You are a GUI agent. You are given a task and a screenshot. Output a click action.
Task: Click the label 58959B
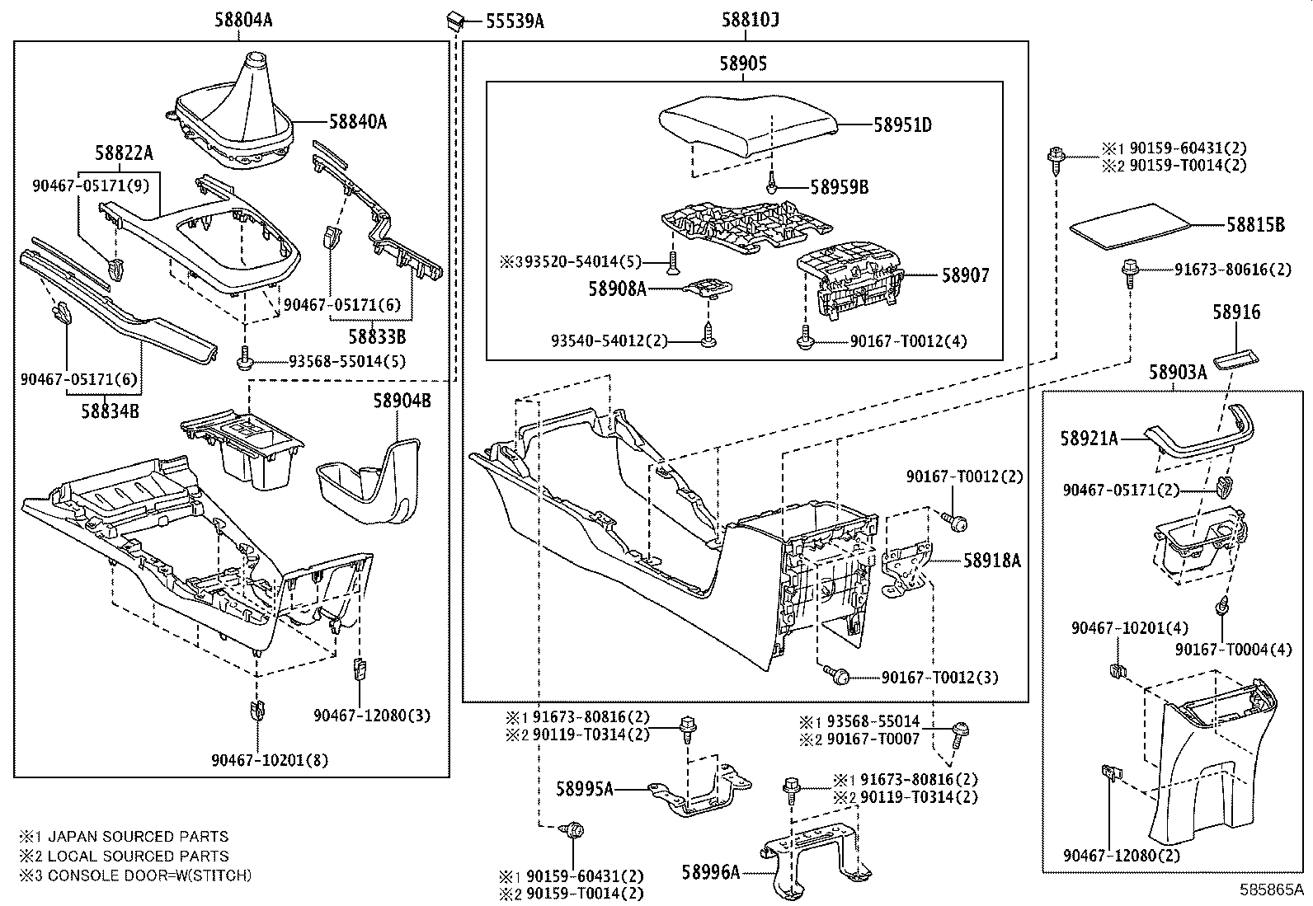point(839,187)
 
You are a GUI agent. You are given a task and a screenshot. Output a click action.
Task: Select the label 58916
point(1236,312)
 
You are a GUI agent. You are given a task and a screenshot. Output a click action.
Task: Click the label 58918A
point(992,561)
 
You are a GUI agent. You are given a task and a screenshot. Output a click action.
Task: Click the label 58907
point(965,275)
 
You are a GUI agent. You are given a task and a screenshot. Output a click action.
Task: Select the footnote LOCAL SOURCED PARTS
point(138,856)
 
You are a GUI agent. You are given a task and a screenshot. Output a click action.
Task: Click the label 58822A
point(124,153)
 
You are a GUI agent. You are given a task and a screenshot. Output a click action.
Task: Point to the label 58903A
point(1178,372)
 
